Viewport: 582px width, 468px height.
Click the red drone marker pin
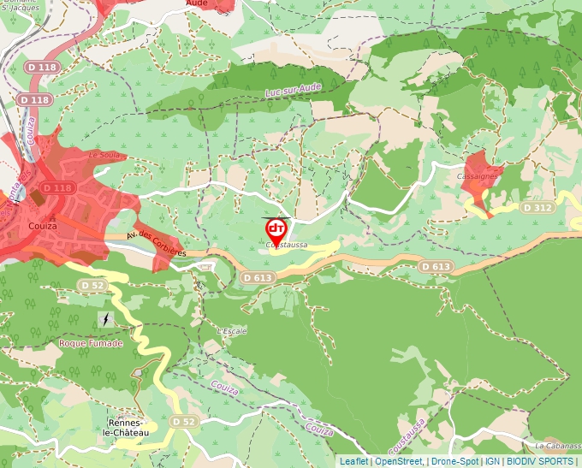(276, 230)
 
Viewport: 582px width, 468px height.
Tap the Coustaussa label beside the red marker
(287, 246)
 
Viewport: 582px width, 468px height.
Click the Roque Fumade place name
(91, 343)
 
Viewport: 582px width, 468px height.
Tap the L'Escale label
(232, 331)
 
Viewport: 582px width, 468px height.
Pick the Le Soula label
(104, 155)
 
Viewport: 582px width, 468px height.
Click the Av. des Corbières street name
(156, 244)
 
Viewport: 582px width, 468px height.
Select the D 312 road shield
(537, 208)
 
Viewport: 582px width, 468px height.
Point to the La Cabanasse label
(557, 446)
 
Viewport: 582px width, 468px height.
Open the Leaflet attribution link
(353, 461)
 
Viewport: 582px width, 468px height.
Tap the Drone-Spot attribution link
(454, 461)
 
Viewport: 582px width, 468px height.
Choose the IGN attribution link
(492, 461)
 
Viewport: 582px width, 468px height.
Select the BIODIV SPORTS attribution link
(539, 461)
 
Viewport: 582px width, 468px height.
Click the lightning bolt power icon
(104, 319)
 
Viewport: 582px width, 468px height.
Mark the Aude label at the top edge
(198, 3)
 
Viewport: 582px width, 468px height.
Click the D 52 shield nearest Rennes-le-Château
(183, 422)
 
